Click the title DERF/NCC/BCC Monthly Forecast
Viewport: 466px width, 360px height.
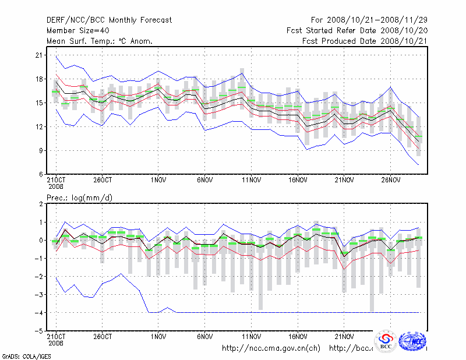coord(109,20)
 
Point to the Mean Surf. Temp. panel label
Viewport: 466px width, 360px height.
coord(100,41)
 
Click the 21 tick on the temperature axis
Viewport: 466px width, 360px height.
coord(39,55)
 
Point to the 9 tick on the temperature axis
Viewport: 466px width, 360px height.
coord(41,150)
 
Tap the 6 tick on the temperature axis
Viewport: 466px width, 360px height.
coord(41,174)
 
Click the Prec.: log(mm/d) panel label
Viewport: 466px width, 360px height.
coord(79,198)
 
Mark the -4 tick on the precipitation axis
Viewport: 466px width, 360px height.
coord(38,313)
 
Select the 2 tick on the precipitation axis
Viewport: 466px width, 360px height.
coord(41,204)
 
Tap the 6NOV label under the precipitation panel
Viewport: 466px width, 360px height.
coord(205,336)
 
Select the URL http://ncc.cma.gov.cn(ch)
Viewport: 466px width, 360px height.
coord(271,348)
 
